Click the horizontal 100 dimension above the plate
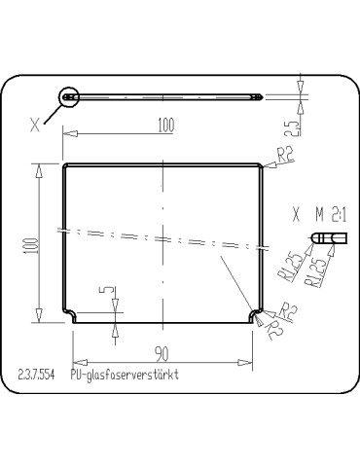point(164,124)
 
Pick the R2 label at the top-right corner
point(285,154)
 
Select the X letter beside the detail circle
point(36,124)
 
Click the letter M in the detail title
point(318,212)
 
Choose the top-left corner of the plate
point(65,166)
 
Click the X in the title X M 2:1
point(296,212)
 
